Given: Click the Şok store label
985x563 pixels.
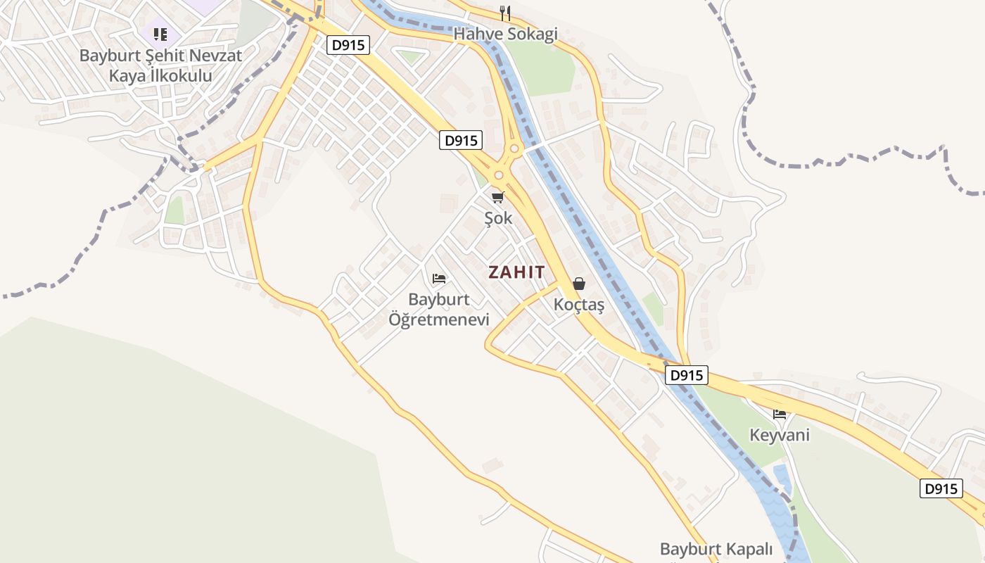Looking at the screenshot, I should pos(498,218).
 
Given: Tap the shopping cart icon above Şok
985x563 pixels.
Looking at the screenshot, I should pos(498,197).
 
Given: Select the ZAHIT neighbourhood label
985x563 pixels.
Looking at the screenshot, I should pos(516,272).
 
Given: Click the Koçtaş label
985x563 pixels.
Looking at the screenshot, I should pos(578,305).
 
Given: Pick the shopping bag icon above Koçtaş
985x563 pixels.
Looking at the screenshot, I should pos(578,284).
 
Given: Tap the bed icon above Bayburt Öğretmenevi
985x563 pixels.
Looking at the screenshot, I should pos(439,279).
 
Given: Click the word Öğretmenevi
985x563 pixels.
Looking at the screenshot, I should pos(438,320).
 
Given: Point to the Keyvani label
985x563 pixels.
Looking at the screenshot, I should pos(779,435).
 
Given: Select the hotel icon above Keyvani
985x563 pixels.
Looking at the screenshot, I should pos(779,414).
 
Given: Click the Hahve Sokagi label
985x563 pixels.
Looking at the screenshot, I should pos(505,34).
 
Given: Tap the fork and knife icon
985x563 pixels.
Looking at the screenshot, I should pos(504,13).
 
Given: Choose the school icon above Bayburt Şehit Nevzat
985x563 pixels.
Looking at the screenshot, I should pos(160,34).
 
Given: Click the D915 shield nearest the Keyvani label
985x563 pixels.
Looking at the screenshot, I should pos(686,376).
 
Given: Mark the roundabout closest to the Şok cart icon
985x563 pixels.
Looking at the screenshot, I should pos(499,175).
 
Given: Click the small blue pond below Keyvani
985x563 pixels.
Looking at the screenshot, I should pos(781,479).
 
